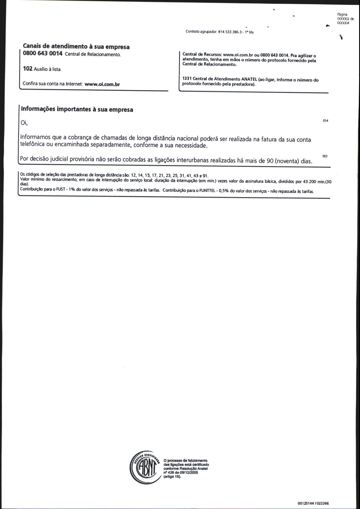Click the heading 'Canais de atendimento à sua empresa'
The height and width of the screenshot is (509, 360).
[x=76, y=46]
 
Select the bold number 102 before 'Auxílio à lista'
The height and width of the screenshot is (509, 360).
[x=28, y=69]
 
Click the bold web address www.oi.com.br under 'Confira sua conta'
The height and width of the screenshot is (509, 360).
[x=102, y=84]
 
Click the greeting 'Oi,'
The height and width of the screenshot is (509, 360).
[x=24, y=123]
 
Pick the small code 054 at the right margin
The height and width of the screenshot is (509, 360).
[x=325, y=121]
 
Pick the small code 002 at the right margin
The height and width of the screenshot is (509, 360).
[x=325, y=156]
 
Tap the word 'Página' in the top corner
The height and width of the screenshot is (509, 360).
[x=343, y=14]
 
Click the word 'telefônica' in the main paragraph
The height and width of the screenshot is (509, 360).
[x=32, y=144]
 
